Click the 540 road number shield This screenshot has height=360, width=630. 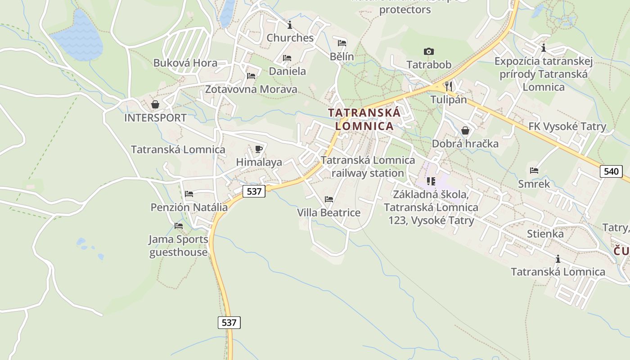point(611,171)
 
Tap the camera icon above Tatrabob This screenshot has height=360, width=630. point(428,52)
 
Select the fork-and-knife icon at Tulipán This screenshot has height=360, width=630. point(448,85)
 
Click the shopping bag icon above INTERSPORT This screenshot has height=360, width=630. point(155,104)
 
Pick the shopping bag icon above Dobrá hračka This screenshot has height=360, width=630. point(465,130)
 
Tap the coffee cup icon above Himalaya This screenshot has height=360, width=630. point(258,149)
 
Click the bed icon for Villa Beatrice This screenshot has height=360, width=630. point(329,199)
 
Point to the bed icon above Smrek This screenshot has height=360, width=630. point(534,171)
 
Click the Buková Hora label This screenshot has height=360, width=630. point(185,63)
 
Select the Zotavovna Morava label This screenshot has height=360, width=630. point(251,89)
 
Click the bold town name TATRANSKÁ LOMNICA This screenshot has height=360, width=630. point(364,119)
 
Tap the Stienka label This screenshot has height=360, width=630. point(545,234)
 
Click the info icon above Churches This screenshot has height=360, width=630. point(290,24)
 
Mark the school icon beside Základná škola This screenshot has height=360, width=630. point(431,181)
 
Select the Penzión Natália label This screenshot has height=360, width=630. point(189,207)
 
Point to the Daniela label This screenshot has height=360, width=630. point(287,71)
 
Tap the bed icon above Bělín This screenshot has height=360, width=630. point(342,43)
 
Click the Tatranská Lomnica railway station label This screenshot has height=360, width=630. point(368,166)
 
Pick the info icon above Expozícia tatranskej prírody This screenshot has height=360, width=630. point(544,48)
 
